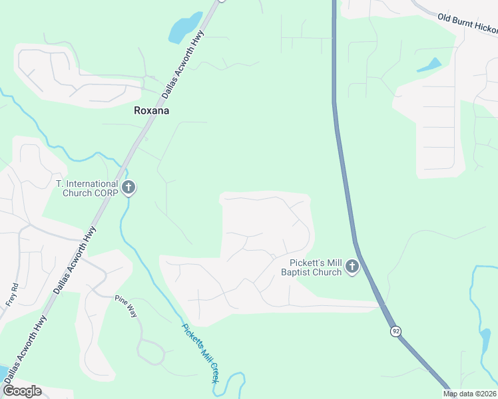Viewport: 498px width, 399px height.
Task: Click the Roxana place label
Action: click(151, 110)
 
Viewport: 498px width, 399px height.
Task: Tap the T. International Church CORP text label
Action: click(87, 188)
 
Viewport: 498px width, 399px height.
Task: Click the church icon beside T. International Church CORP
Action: click(129, 188)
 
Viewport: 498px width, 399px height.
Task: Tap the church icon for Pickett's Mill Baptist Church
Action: click(352, 267)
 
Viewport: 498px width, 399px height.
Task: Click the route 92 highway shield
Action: click(395, 331)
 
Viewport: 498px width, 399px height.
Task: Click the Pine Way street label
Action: click(125, 305)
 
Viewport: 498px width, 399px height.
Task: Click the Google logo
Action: click(22, 391)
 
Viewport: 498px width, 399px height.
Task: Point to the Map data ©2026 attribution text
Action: click(469, 394)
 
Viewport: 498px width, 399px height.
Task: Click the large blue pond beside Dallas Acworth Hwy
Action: click(184, 28)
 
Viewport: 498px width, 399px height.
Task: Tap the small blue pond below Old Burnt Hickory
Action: click(429, 65)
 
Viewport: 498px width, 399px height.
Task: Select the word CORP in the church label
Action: click(106, 193)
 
